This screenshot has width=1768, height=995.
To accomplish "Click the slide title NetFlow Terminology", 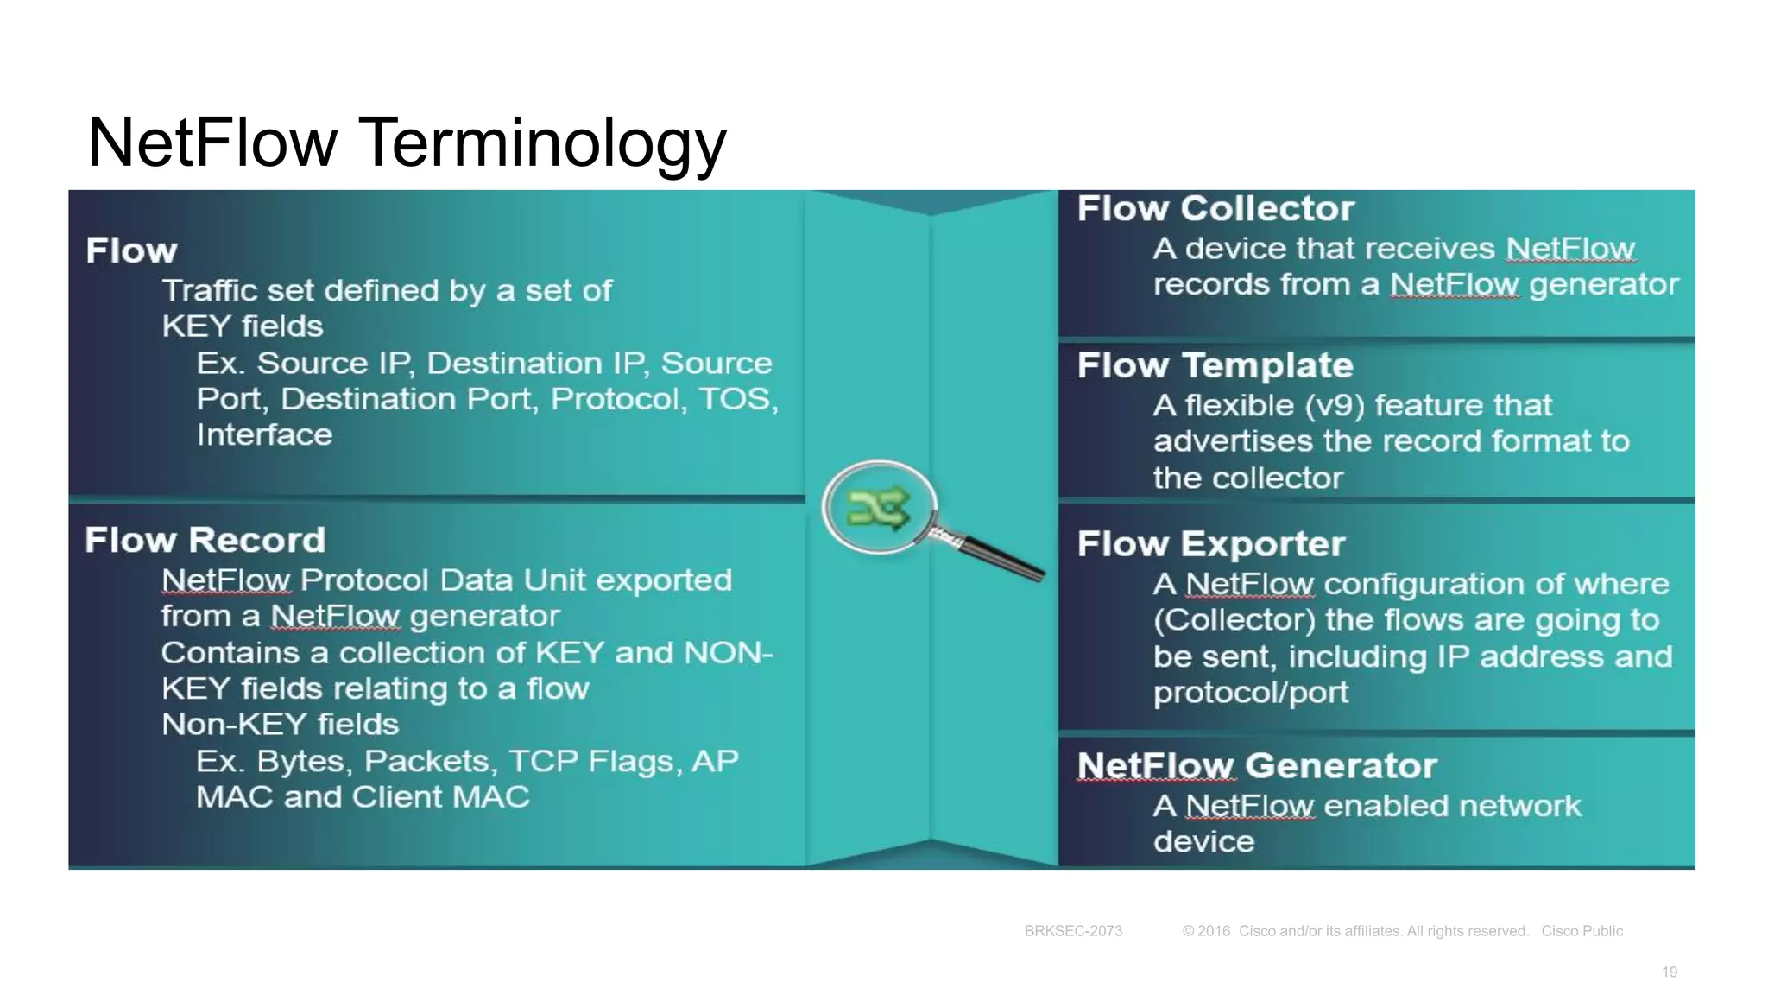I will click(407, 143).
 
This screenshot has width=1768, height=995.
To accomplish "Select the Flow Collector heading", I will click(1215, 209).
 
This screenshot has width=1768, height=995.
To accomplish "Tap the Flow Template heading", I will click(1215, 365).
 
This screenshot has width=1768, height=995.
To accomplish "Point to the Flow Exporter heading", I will click(1211, 544).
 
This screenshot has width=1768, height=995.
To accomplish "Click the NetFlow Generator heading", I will click(1257, 766).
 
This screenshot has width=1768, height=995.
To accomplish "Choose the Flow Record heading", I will click(205, 541).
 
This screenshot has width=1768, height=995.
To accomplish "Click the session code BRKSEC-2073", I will click(1073, 931).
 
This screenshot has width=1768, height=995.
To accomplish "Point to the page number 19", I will click(1670, 973).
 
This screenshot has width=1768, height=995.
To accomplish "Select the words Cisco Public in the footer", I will click(1582, 931).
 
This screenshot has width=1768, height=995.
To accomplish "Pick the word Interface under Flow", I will click(264, 435).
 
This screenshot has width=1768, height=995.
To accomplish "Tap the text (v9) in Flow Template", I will click(1335, 406).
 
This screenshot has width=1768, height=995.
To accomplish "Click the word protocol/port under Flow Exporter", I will click(1250, 693).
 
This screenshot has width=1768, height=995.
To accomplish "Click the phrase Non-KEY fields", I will click(280, 725).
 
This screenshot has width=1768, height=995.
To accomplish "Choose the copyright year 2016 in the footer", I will click(1214, 931).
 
